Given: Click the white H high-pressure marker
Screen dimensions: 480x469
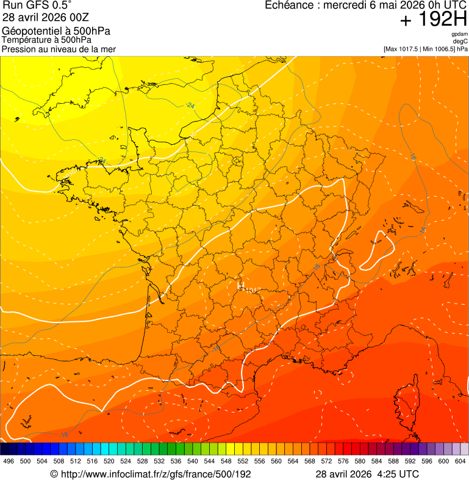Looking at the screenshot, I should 240,285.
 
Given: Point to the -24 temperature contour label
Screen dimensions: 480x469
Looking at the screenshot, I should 190,105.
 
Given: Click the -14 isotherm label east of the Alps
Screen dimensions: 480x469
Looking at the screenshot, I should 423,230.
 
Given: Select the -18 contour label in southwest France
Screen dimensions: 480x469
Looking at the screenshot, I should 216,347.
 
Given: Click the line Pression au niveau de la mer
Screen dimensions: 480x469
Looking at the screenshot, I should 59,49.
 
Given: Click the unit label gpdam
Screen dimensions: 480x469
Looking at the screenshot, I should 459,34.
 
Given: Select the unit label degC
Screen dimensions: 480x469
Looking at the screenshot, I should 460,42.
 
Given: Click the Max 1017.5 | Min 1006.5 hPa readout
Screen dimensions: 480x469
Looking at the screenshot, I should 425,49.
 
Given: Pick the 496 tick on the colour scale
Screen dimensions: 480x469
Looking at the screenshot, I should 9,462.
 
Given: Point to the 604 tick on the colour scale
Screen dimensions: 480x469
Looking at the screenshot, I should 460,462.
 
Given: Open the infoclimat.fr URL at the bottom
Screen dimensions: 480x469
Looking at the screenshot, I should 155,474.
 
